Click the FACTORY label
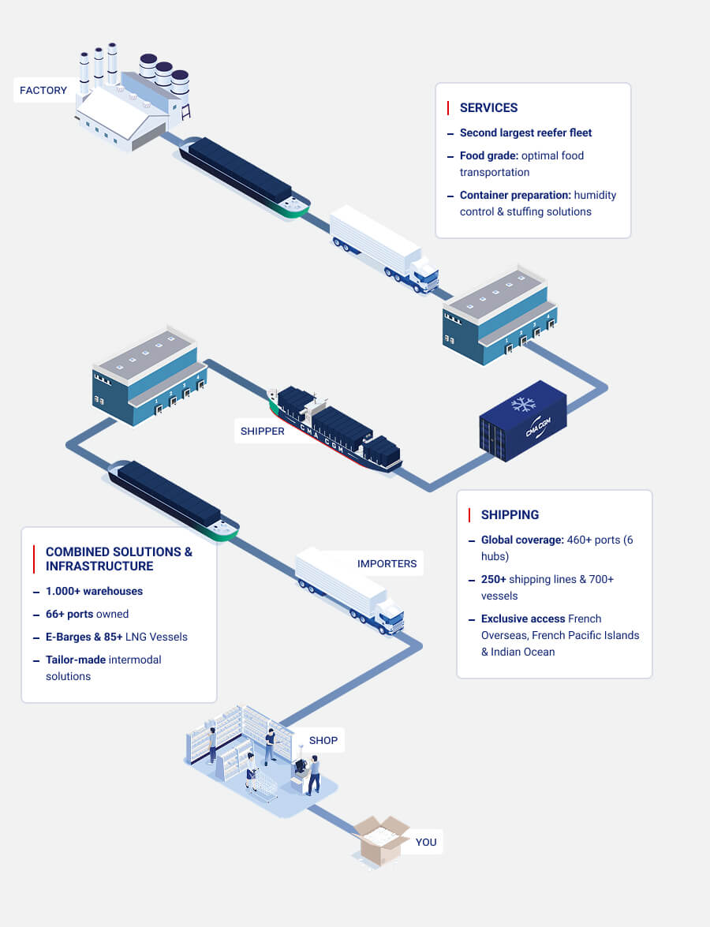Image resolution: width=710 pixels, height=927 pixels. (x=43, y=91)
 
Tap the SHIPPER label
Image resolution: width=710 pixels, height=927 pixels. (x=262, y=432)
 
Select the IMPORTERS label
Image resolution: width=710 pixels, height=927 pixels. (x=387, y=563)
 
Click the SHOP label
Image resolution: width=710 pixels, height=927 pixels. (x=323, y=740)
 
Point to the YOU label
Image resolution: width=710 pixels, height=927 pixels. (x=425, y=842)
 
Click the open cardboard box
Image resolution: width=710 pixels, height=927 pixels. (x=381, y=842)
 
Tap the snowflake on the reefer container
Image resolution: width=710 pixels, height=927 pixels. (x=523, y=404)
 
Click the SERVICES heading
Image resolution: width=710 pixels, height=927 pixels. (x=488, y=107)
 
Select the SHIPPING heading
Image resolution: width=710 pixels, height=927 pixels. (x=510, y=514)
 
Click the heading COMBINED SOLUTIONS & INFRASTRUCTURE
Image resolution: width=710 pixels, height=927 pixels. (x=118, y=559)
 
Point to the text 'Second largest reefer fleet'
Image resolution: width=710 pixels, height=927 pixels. (x=525, y=133)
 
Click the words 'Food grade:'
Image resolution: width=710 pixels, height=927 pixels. (x=488, y=155)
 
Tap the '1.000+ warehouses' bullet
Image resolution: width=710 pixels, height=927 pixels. (x=94, y=591)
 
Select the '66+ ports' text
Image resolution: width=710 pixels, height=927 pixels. (x=69, y=614)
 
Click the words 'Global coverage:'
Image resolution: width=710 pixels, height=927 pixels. (x=522, y=540)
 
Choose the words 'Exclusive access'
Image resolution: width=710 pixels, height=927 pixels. (x=523, y=619)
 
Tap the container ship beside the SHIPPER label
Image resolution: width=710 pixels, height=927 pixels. (x=335, y=430)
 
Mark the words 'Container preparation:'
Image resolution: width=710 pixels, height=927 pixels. (x=515, y=195)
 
